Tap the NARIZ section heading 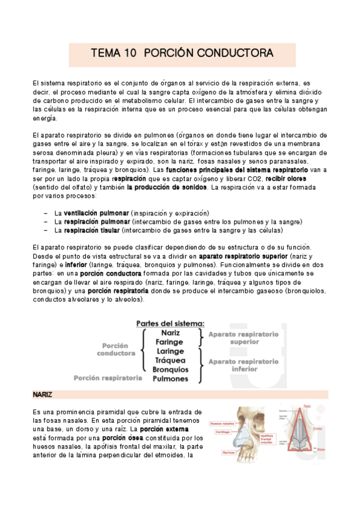point(43,395)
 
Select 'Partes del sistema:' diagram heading point(170,323)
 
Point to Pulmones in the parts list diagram point(170,379)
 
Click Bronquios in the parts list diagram point(170,369)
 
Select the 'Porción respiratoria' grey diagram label point(108,378)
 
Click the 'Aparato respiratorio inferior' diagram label point(243,366)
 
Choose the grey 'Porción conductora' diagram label point(115,349)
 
